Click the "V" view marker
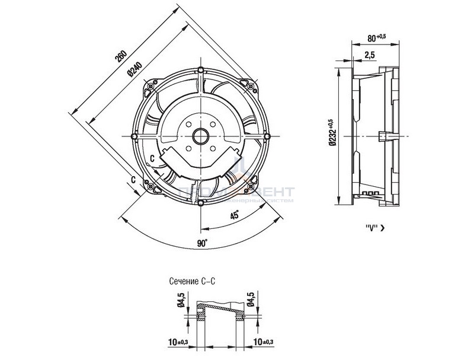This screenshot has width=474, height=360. click(x=371, y=227)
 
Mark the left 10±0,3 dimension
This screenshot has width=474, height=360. click(x=176, y=342)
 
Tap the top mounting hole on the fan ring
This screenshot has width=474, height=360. click(x=201, y=71)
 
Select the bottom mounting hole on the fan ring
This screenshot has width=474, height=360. click(x=201, y=203)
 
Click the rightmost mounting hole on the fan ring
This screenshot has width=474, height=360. click(x=267, y=136)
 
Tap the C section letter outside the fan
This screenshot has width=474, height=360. click(x=134, y=179)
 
